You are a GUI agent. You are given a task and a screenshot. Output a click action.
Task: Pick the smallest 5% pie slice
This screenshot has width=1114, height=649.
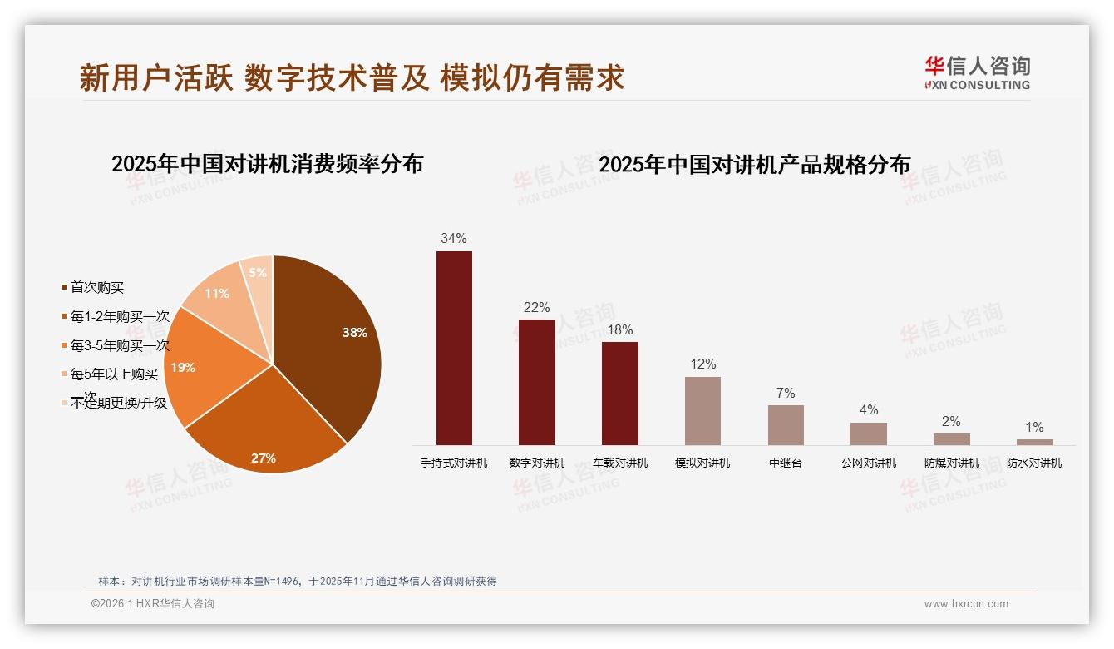tap(259, 279)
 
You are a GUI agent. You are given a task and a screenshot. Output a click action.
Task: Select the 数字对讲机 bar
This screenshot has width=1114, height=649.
tap(536, 382)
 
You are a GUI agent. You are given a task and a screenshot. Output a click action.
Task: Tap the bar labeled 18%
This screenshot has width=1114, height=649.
tap(619, 394)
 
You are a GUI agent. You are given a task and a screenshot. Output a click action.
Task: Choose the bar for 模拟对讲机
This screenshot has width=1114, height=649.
tap(702, 411)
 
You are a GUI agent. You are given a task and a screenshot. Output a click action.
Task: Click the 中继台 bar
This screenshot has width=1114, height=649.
tap(786, 424)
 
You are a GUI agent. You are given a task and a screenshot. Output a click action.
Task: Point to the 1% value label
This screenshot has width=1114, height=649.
tap(1034, 427)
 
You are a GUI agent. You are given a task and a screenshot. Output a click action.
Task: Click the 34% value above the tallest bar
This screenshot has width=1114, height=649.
tap(454, 238)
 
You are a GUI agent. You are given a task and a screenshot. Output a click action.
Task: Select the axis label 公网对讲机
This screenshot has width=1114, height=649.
tap(869, 463)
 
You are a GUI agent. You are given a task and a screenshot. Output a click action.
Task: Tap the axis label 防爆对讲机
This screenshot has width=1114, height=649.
tap(952, 463)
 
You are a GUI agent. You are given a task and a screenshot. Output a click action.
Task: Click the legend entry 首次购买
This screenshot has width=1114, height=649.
tap(96, 288)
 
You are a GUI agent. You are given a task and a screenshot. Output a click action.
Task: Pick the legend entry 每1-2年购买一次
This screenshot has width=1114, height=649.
tap(119, 317)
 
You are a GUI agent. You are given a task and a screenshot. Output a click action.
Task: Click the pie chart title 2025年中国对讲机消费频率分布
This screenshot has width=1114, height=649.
tap(267, 164)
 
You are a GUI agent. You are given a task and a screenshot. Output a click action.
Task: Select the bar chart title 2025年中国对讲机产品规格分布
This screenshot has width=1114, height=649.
tap(754, 165)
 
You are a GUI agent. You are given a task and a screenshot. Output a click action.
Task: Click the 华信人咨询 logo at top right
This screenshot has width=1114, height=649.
tap(977, 72)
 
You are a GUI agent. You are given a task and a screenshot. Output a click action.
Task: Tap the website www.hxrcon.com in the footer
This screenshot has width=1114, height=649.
tap(966, 604)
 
